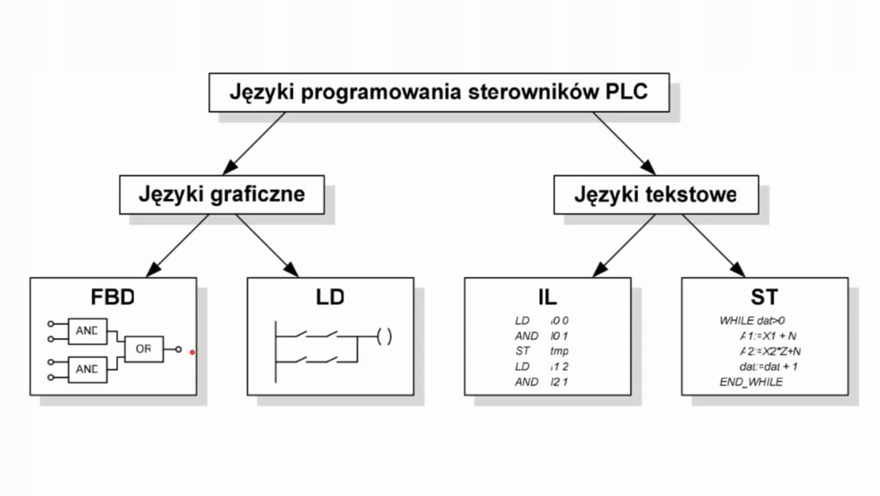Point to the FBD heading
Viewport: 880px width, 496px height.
(x=112, y=297)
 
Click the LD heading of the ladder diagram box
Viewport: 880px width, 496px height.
(x=330, y=297)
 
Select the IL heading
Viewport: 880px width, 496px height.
(x=547, y=297)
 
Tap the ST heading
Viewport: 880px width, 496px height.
(x=764, y=297)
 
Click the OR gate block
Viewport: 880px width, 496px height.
(x=144, y=349)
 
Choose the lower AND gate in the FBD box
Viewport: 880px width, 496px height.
(x=87, y=369)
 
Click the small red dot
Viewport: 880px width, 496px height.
(x=193, y=352)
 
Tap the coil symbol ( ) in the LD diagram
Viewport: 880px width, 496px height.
(x=384, y=337)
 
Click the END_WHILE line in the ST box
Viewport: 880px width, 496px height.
(x=750, y=382)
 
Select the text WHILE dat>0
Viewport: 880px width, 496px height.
(x=752, y=321)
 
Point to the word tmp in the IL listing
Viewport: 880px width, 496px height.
(x=560, y=351)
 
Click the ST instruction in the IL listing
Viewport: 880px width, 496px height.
(x=521, y=351)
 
